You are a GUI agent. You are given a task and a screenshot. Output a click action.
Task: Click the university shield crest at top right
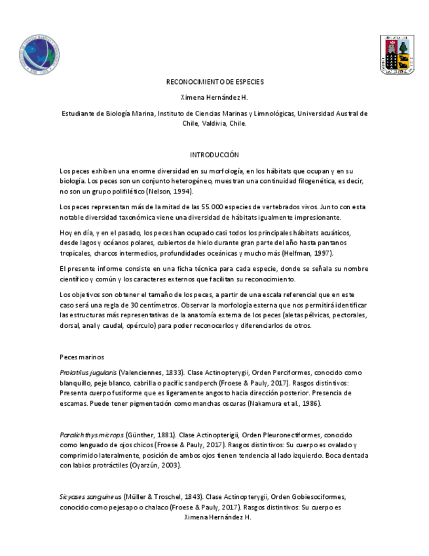point(397,54)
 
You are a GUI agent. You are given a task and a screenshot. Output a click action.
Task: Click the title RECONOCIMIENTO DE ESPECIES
point(214,82)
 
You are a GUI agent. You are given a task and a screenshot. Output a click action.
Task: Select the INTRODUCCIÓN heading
point(214,155)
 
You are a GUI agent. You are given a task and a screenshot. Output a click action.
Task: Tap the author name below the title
point(214,98)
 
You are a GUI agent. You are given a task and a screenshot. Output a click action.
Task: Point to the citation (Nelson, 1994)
point(174,191)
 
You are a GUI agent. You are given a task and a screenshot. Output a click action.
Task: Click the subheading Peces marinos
point(82,357)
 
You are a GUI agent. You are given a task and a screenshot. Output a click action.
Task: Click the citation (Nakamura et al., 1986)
point(283,403)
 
